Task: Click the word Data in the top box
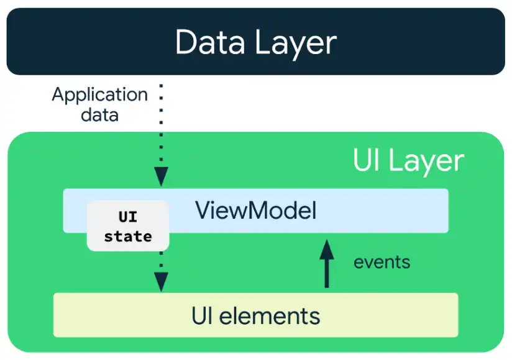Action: [212, 43]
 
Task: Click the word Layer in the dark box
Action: [297, 43]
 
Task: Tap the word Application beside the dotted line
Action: [99, 95]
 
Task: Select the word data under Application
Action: [99, 114]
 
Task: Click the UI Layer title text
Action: [408, 161]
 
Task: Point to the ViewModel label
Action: [255, 211]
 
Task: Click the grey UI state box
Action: [127, 226]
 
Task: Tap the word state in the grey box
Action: [127, 236]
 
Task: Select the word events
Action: [382, 262]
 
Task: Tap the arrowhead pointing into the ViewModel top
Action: [161, 178]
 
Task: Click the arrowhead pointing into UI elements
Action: [161, 283]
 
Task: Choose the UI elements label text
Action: [255, 315]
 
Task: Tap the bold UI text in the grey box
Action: [127, 217]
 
